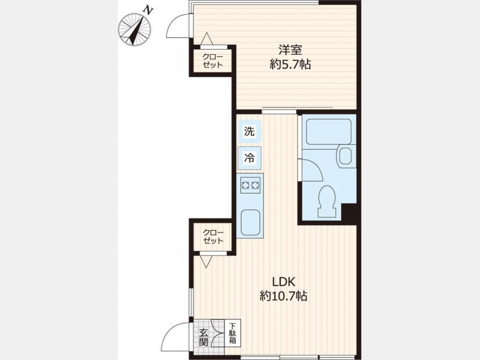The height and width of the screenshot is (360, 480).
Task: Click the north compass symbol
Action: pos(134,30)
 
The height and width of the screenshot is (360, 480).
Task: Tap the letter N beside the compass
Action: pos(148,11)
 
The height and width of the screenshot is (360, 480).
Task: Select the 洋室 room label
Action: pos(290,50)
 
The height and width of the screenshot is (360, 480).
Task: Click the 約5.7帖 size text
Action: pos(290,65)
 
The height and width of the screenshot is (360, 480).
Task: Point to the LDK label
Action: pos(283,281)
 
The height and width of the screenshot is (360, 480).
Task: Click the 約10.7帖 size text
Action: pos(284,295)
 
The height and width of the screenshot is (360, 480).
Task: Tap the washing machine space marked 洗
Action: pos(249,131)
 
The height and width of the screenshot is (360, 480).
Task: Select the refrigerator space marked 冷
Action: pos(250,158)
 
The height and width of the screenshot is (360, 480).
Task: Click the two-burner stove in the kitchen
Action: pos(251,185)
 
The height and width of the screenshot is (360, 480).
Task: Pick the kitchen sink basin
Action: pos(251,222)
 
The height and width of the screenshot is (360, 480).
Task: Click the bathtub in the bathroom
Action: pos(329,132)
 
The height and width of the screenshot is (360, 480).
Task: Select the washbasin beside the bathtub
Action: pos(346,156)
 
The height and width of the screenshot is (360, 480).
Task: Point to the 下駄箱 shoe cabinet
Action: pos(233,333)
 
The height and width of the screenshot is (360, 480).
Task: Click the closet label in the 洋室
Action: pos(212,61)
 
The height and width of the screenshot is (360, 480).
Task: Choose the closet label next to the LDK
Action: pos(213,236)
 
